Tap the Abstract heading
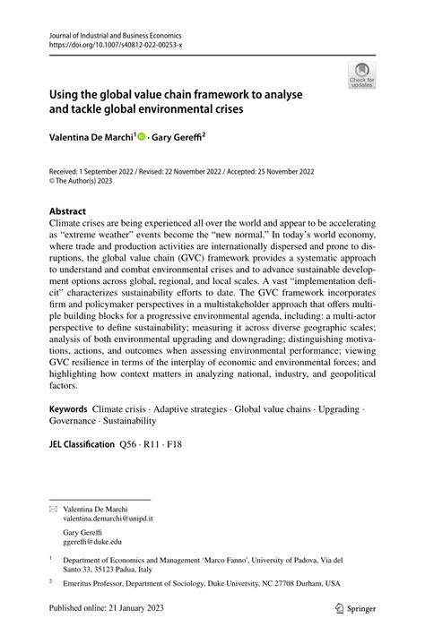74,212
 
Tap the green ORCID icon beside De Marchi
142,139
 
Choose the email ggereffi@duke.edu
92,541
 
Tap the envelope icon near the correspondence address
53,507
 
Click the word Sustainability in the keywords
131,419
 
